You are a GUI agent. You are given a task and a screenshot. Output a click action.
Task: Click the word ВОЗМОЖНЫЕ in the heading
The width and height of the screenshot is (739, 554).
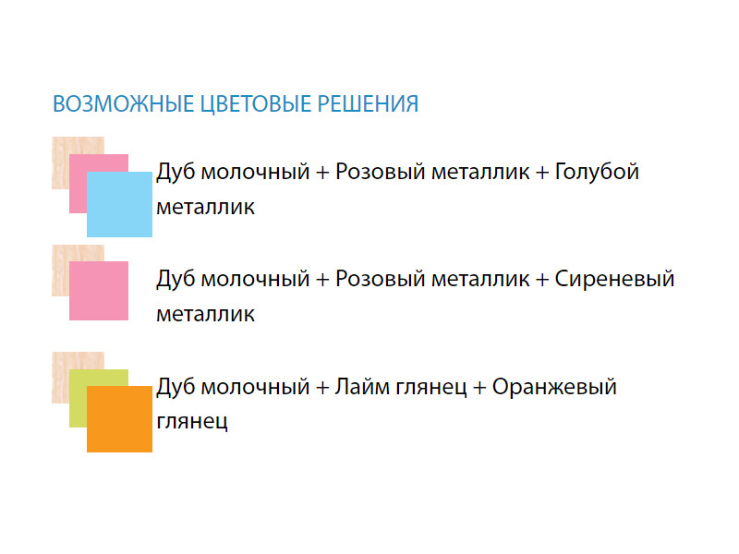[124, 104]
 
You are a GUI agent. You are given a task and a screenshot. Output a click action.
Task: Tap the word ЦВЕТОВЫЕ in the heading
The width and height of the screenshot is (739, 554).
[256, 104]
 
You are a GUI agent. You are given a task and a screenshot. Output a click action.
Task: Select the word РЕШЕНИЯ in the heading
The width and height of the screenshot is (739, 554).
[368, 104]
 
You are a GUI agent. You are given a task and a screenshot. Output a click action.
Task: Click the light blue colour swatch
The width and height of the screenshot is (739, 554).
[120, 204]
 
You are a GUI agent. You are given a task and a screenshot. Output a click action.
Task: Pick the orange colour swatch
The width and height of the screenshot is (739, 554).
[120, 419]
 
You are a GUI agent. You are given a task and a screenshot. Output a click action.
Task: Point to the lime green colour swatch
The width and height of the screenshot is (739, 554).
[79, 398]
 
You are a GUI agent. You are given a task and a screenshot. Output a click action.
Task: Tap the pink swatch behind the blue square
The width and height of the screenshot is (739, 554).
[79, 184]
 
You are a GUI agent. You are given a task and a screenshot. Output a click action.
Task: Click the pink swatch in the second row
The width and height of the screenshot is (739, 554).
[99, 291]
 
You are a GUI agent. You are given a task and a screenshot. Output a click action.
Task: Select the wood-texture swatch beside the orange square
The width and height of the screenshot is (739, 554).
[60, 377]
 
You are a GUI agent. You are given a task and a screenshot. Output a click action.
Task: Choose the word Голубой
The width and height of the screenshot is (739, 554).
[597, 172]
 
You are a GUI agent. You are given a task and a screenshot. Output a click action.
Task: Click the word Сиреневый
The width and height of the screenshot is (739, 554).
[614, 280]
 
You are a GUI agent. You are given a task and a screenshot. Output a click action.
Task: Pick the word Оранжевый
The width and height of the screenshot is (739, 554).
[554, 387]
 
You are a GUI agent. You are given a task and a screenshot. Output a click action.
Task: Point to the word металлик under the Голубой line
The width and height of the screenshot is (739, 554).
[205, 208]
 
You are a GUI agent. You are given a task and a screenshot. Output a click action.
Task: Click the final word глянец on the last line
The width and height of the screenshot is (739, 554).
[192, 422]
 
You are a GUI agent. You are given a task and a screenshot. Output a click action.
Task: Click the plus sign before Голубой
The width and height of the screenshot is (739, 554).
[542, 173]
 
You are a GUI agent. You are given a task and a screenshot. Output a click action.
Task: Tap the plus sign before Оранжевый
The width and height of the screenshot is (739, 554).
[479, 388]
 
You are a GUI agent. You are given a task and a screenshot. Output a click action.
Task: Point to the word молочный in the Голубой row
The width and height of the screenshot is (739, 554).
[255, 173]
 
